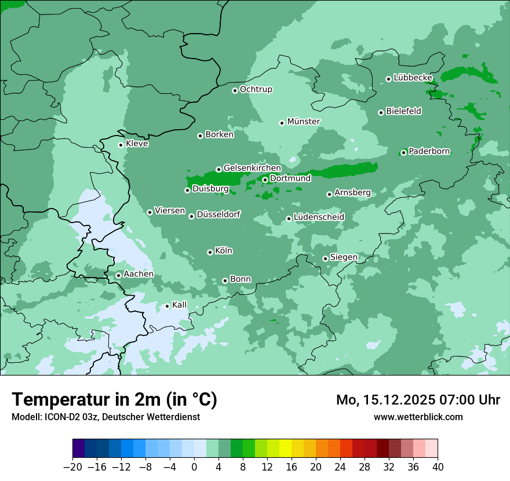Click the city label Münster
click(x=304, y=122)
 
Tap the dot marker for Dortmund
click(x=265, y=180)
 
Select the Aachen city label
click(x=139, y=274)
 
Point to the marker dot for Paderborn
click(x=403, y=153)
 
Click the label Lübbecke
click(x=413, y=78)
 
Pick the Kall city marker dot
click(x=167, y=306)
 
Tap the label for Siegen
click(x=344, y=257)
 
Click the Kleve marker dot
click(x=121, y=145)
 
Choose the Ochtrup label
click(x=256, y=89)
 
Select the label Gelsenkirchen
click(x=252, y=168)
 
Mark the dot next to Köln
click(x=210, y=252)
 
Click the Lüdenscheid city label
click(x=319, y=217)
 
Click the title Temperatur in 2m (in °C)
click(x=114, y=399)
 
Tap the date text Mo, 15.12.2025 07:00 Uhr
click(x=418, y=400)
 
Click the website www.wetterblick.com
click(x=418, y=417)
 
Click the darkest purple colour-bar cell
click(x=78, y=449)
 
